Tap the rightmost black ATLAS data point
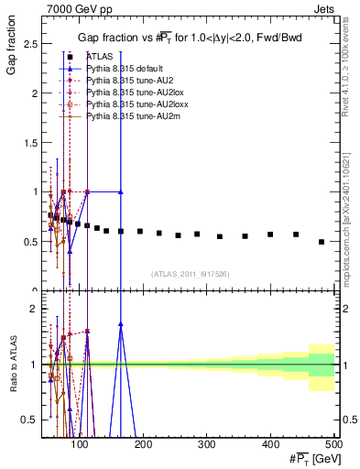point(321,242)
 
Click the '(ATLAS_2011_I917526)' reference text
point(191,274)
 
